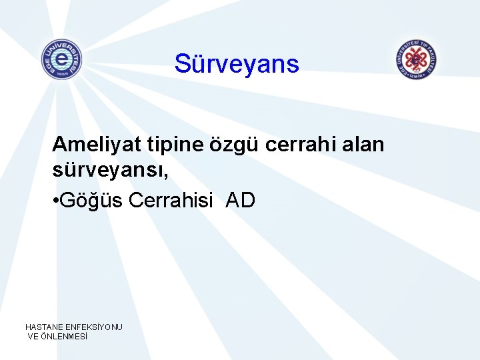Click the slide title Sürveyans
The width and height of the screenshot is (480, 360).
[237, 64]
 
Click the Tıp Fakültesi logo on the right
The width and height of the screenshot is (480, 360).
[417, 59]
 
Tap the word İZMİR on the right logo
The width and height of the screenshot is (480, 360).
[417, 75]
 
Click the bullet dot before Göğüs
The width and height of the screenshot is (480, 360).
[56, 201]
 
